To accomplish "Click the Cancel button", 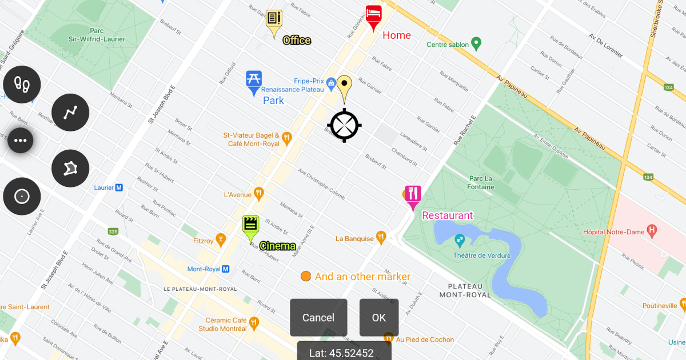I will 318,318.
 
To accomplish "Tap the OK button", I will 379,318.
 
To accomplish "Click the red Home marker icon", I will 374,16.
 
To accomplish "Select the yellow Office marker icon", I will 274,22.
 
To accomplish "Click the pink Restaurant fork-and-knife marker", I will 413,196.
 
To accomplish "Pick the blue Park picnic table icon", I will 254,81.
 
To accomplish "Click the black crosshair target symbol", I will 344,125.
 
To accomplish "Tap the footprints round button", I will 22,85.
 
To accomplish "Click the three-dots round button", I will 21,141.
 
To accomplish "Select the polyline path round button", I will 70,113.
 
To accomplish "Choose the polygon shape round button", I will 70,169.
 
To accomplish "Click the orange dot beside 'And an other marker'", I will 306,277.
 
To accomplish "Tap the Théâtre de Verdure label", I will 482,255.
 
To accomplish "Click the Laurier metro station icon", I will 119,187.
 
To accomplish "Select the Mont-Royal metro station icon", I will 226,269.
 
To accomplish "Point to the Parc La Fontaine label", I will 480,183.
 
